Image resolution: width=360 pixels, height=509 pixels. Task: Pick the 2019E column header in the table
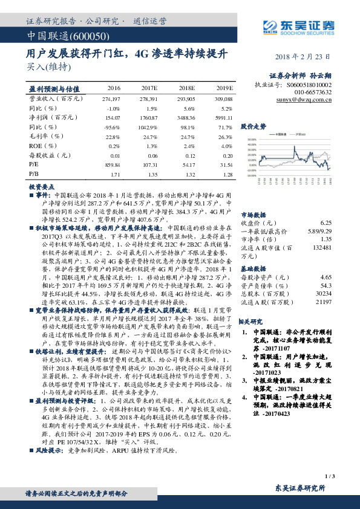pyautogui.click(x=224, y=88)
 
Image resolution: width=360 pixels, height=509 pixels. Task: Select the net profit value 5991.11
pyautogui.click(x=223, y=117)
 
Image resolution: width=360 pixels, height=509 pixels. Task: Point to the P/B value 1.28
pyautogui.click(x=227, y=174)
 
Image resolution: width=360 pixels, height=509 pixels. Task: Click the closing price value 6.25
pyautogui.click(x=326, y=222)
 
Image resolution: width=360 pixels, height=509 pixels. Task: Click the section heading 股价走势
pyautogui.click(x=253, y=126)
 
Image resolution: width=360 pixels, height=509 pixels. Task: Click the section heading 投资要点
pyautogui.click(x=42, y=187)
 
